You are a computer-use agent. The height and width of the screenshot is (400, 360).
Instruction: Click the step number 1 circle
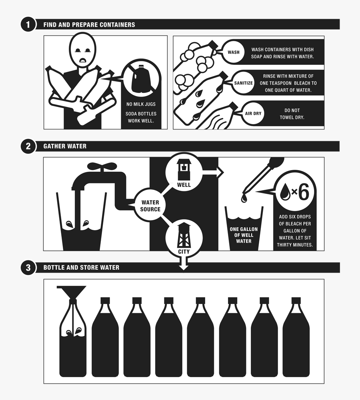[28, 24]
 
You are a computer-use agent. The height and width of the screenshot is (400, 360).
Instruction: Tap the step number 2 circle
[28, 146]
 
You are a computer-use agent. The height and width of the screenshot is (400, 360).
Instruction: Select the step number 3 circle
[28, 267]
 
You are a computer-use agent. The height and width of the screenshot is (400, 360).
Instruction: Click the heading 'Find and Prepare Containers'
[89, 24]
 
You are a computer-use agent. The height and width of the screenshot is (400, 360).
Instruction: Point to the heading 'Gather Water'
[65, 146]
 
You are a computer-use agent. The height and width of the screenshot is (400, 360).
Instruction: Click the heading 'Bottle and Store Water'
[81, 267]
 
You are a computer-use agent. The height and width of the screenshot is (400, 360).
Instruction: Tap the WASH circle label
[234, 52]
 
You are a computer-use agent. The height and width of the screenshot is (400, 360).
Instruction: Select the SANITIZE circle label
[243, 83]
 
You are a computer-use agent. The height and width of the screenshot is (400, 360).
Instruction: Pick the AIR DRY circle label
[253, 113]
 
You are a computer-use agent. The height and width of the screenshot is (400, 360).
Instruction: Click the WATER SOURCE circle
[150, 206]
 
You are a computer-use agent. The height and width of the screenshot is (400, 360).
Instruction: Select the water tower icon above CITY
[184, 236]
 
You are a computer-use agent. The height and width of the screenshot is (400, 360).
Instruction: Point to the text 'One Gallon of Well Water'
[244, 235]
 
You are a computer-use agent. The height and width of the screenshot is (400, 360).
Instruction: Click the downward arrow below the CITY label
[184, 264]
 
